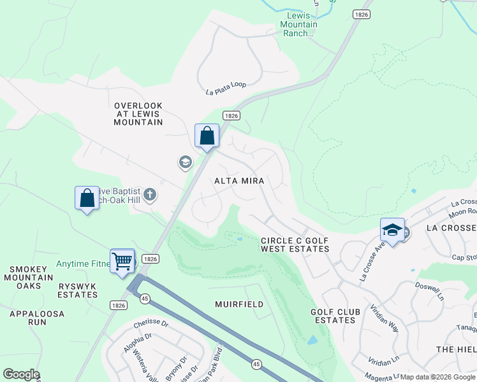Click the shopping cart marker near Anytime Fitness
tap(122, 260)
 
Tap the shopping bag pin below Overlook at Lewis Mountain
tap(207, 136)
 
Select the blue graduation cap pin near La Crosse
tap(392, 230)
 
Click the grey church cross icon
tap(150, 194)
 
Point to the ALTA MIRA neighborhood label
tap(238, 181)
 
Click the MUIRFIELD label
tap(239, 304)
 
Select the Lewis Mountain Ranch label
tap(298, 24)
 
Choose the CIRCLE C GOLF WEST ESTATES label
tap(295, 244)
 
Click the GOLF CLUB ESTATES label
tap(335, 316)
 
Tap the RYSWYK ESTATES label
tap(77, 290)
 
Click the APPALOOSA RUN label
tap(28, 318)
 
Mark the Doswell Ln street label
tap(429, 292)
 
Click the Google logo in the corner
tap(21, 374)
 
